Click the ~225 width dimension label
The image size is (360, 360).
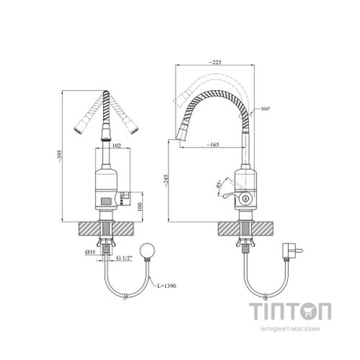[215, 62]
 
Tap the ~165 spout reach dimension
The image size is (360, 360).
[213, 145]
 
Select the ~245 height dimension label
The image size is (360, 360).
[166, 180]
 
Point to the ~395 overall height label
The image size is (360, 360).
[60, 156]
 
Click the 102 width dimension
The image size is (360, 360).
[117, 145]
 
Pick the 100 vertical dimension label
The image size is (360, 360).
[140, 207]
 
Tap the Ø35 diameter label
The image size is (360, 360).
[90, 252]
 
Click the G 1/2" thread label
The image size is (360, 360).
[125, 258]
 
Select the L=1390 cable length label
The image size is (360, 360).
[167, 286]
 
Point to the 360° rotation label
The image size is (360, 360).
[266, 109]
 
